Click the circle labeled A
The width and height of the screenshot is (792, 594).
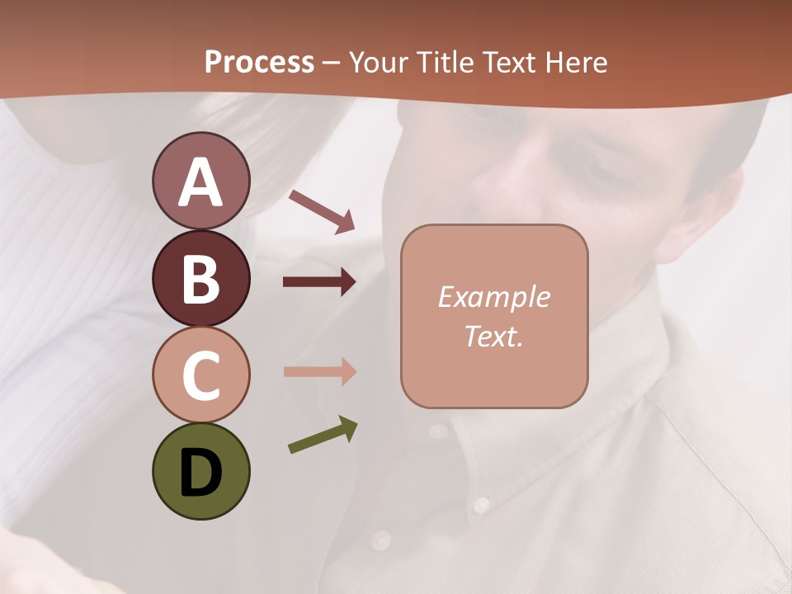pos(200,181)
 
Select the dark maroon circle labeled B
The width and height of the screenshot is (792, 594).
pos(200,278)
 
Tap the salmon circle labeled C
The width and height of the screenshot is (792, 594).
pos(200,375)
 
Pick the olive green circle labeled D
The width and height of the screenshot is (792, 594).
pos(200,471)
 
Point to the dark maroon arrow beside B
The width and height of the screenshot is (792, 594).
pos(319,282)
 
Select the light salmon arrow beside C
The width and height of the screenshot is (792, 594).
pos(319,371)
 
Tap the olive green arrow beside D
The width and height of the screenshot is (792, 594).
pos(323,435)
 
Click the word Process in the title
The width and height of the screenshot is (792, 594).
pos(259,62)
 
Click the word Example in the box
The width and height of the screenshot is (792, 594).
pos(494,297)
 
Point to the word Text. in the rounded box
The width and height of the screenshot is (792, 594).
pos(494,337)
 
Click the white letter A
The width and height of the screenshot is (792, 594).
pos(200,183)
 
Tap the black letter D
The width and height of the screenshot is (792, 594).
pos(200,473)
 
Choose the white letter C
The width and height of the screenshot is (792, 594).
pos(200,376)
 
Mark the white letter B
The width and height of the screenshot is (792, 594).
pos(200,280)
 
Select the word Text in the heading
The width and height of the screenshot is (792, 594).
pos(510,62)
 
